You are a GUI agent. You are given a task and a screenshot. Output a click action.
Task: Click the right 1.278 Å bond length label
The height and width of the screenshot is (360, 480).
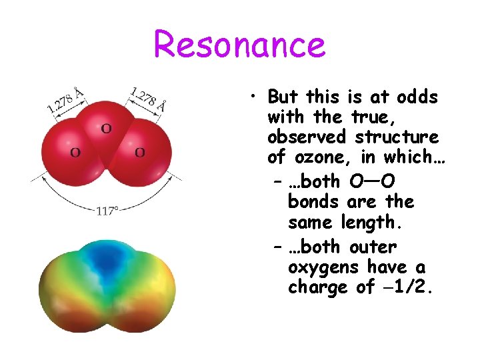148,98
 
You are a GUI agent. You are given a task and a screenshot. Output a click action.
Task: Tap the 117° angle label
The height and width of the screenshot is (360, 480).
107,211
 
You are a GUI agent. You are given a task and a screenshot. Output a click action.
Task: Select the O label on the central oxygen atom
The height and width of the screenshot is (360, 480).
106,128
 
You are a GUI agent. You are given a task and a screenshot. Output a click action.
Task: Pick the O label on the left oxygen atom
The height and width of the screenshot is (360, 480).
75,153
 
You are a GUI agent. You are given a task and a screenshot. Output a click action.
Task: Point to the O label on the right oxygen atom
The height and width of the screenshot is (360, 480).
140,153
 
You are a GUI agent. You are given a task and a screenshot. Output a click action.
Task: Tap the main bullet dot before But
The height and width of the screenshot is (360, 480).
255,98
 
